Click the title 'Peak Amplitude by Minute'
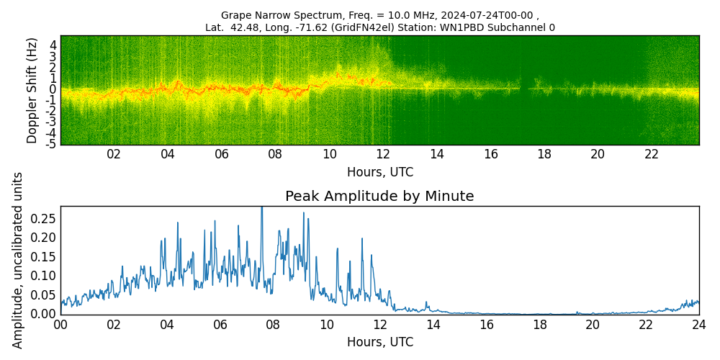pos(379,197)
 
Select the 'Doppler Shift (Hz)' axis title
pos(32,91)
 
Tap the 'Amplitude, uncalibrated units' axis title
pos(18,260)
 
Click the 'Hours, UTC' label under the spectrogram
pos(379,172)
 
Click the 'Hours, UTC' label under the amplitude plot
pos(379,342)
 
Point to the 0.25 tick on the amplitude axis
pos(43,219)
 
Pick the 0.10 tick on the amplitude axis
pos(43,276)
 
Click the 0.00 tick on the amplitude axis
pos(43,314)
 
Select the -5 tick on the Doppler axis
pos(53,144)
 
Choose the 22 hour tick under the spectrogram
pos(652,154)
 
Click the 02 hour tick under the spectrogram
pos(114,154)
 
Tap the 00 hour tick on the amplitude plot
pos(60,325)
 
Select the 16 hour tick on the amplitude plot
pos(486,325)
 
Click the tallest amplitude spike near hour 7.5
pos(261,208)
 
